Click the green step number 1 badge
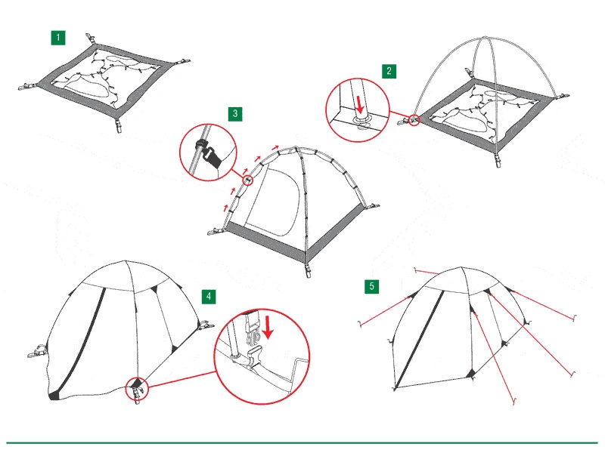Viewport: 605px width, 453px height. point(58,38)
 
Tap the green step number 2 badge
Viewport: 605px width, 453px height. point(389,71)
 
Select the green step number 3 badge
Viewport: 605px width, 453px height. point(235,114)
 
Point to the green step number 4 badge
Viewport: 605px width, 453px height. point(209,297)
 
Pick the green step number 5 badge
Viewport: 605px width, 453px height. point(372,286)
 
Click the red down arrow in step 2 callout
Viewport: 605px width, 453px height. point(360,105)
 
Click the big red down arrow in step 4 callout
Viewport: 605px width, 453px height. point(268,328)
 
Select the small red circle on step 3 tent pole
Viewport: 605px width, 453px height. point(249,180)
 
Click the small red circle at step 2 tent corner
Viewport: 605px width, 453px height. point(414,120)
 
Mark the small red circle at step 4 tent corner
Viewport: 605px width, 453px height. point(137,389)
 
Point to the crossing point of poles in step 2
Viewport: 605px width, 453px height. point(485,38)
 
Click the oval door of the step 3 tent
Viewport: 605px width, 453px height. point(273,202)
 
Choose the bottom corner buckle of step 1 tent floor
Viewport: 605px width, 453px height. point(118,125)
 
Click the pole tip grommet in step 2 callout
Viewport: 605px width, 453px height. point(362,119)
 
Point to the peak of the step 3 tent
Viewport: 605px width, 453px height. point(296,147)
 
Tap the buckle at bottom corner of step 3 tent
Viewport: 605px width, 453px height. point(308,270)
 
